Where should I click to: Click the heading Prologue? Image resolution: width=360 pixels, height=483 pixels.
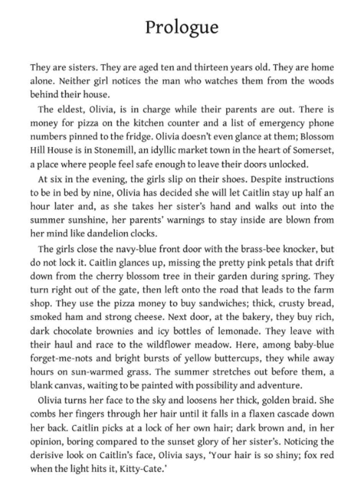(x=182, y=28)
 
